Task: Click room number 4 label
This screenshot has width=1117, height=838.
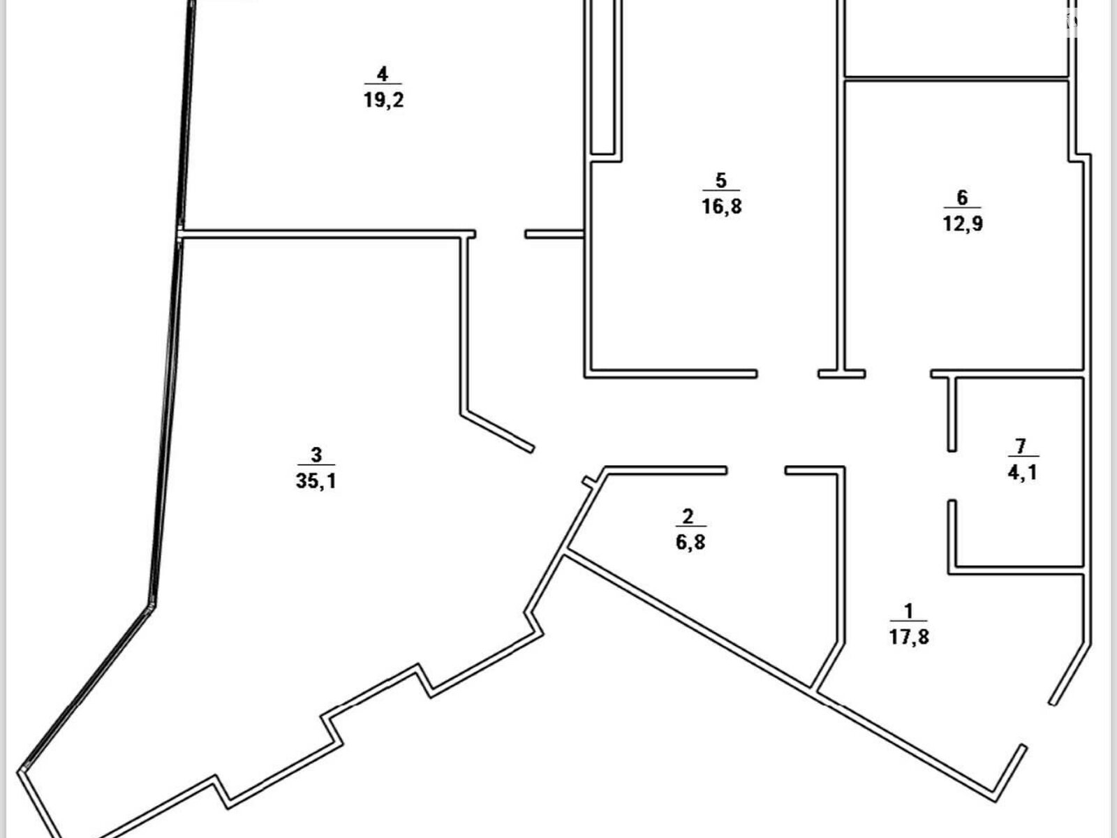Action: coord(382,74)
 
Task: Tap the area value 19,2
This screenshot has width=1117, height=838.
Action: coord(383,100)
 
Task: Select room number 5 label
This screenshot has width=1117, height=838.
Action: coord(720,181)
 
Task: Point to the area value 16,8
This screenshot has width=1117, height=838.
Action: coord(722,207)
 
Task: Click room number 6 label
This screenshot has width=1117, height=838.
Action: coord(962,198)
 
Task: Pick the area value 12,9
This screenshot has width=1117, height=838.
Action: coord(963,223)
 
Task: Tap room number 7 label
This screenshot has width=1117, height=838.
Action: coord(1021,447)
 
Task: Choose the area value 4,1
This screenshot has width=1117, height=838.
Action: coord(1022,473)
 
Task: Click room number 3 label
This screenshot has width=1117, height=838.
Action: coord(316,455)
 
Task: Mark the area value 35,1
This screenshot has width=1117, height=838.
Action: coord(316,481)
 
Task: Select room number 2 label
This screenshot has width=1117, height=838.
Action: coord(688,517)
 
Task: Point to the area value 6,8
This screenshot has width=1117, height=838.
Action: coord(690,543)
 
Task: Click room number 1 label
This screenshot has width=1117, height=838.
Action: coord(908,611)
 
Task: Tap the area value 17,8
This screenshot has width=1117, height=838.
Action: coord(909,637)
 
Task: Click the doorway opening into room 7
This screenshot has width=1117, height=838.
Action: coord(952,476)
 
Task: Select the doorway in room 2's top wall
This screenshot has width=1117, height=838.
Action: coord(755,471)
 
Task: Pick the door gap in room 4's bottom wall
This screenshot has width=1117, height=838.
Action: coord(501,235)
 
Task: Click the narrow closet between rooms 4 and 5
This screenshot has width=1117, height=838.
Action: coord(603,76)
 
